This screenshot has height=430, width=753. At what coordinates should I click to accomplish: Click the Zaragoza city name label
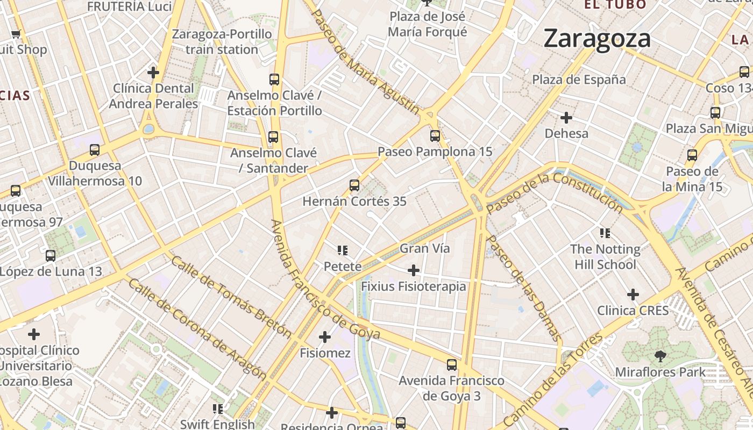[597, 39]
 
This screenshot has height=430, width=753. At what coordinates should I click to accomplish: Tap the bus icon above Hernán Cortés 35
[354, 185]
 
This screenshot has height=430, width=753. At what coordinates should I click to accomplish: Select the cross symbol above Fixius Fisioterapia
[413, 270]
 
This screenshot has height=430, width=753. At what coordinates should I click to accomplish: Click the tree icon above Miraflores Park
[660, 355]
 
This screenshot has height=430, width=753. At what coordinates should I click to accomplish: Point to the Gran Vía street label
[424, 248]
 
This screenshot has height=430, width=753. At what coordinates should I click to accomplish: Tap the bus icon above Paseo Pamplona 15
[435, 136]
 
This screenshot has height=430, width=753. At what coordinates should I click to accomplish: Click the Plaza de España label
[579, 80]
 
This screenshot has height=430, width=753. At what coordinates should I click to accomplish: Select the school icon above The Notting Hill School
[605, 233]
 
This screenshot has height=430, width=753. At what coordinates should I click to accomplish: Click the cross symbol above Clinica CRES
[633, 295]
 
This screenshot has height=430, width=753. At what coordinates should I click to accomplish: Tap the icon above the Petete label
[343, 250]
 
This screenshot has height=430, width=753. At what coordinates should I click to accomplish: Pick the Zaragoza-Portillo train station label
[222, 42]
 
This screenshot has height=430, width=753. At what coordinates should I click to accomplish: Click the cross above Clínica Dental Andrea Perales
[153, 72]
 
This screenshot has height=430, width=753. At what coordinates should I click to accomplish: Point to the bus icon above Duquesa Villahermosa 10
[95, 149]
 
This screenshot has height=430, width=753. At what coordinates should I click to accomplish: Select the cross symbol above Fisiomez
[324, 337]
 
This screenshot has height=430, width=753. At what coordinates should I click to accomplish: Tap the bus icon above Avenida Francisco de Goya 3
[452, 364]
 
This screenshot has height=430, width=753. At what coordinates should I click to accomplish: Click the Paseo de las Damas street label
[523, 288]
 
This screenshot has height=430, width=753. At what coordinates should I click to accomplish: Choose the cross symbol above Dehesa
[566, 117]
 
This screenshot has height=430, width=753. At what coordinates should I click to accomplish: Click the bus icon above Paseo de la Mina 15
[692, 155]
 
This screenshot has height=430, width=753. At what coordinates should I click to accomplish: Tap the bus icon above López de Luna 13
[50, 255]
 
